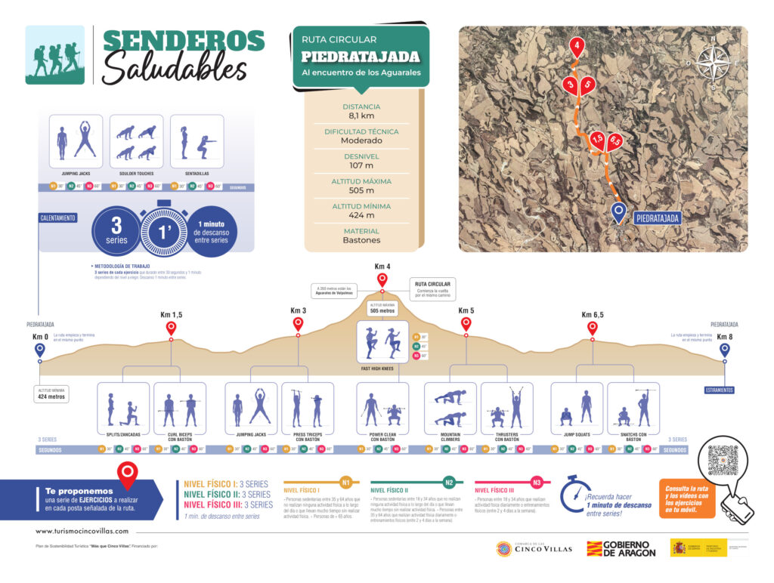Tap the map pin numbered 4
pos(577,47)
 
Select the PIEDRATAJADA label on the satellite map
pos(657,218)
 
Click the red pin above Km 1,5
pos(171,328)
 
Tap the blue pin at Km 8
pos(724,350)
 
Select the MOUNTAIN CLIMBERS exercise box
pos(450,409)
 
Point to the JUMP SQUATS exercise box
pos(577,409)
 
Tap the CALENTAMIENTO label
pos(58,218)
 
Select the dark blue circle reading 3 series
pos(116,230)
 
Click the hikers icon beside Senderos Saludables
pos(55,55)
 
